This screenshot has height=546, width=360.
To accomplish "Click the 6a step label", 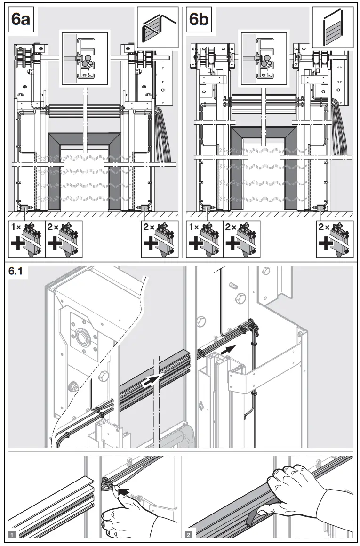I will pos(22,20).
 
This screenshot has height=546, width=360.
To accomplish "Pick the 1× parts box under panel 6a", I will pos(27,239).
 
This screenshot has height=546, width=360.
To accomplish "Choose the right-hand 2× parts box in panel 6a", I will pos(159,239).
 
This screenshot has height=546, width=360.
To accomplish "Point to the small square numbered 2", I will pos(189,535).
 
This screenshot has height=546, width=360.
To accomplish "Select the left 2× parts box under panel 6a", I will pos(64,239).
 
